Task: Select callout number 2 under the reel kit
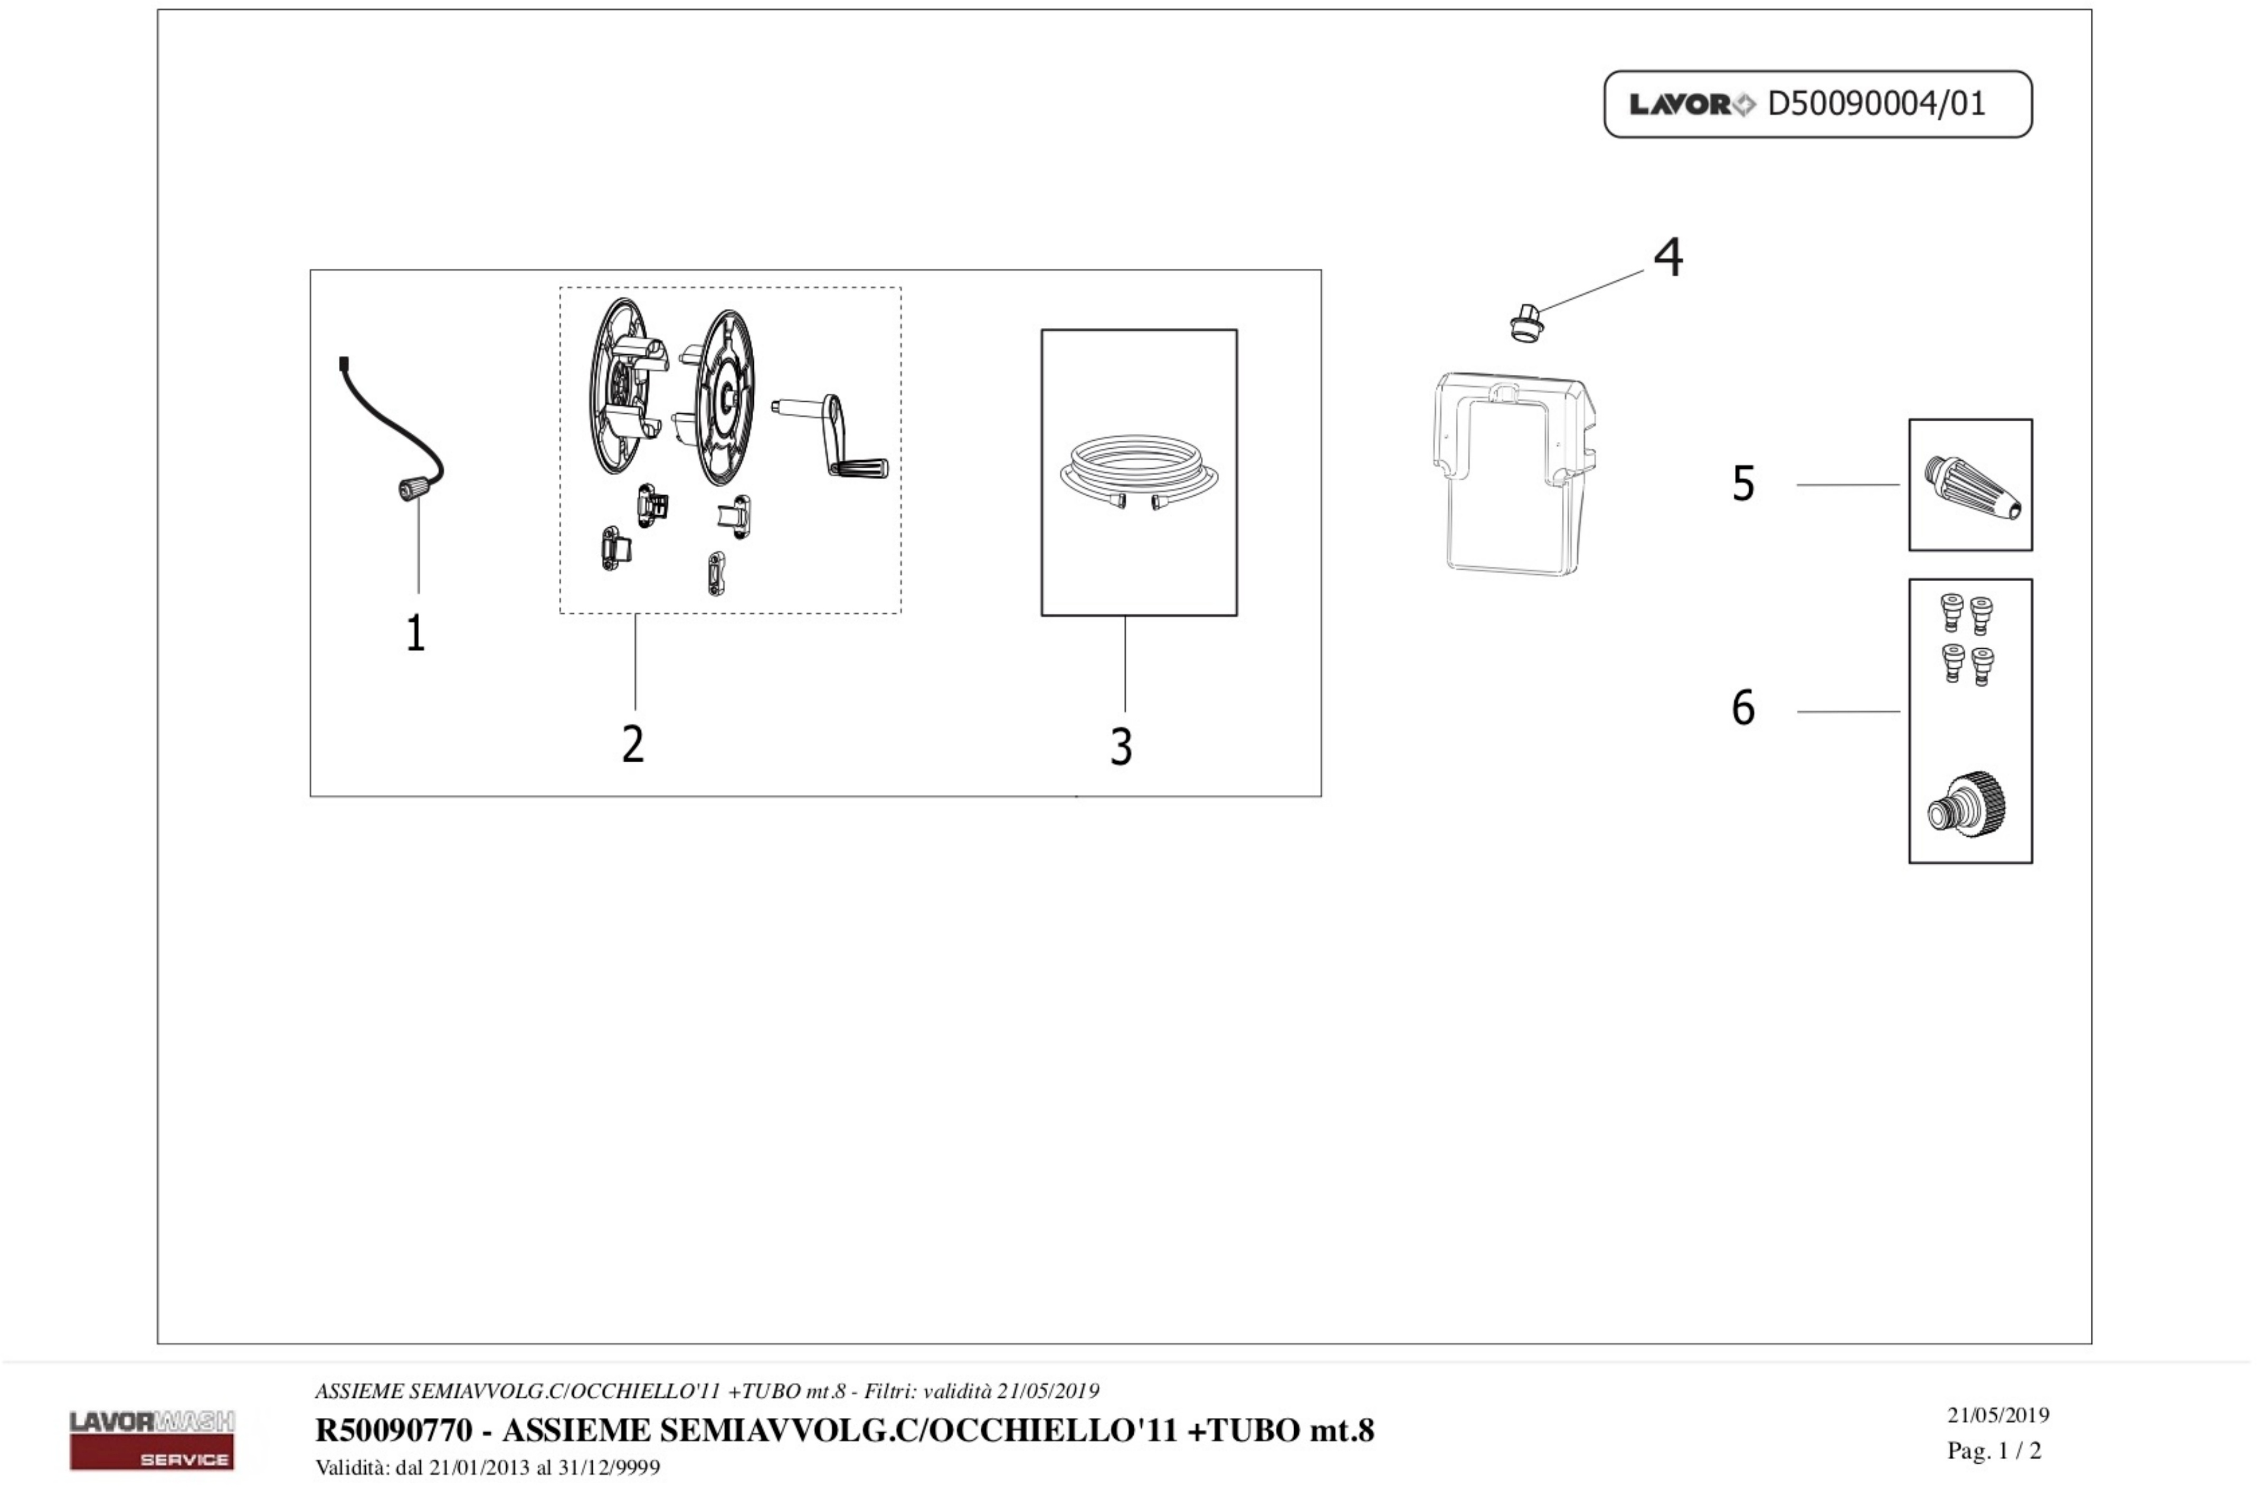point(632,744)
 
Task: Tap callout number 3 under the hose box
point(1121,747)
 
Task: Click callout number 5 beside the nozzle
point(1743,484)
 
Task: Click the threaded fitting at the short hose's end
point(411,489)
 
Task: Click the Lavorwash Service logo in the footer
point(151,1438)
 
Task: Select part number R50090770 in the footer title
point(394,1430)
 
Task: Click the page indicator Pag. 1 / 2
point(1994,1451)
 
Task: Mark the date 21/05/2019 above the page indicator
point(1997,1415)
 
